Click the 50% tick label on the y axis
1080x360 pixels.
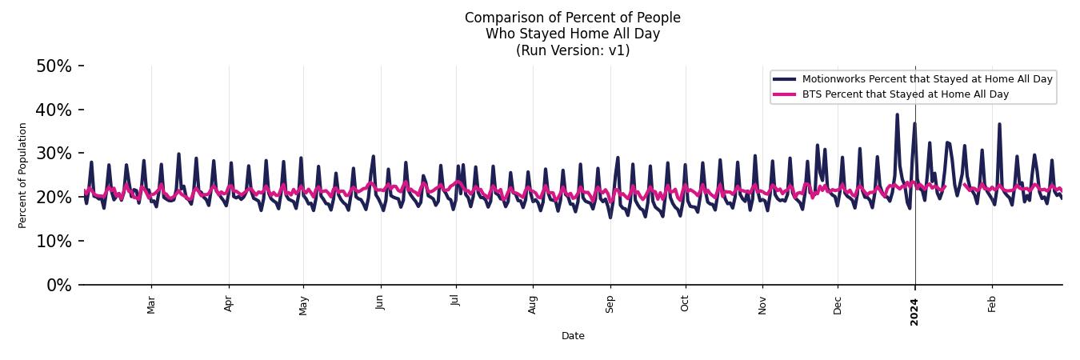tap(54, 66)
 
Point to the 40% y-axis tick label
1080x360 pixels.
tap(54, 110)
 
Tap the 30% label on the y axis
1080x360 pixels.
tap(54, 154)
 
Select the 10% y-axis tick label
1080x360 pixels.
tap(54, 242)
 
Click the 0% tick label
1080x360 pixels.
tap(58, 286)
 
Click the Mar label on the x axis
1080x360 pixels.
tap(151, 305)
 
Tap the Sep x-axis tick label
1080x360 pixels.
tap(610, 304)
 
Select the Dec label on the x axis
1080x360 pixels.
tap(838, 304)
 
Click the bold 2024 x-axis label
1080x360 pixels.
tap(914, 311)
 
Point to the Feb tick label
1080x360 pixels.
tap(992, 304)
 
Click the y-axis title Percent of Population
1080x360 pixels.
tap(22, 175)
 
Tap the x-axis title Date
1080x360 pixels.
tap(573, 336)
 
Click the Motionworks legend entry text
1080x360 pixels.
tap(927, 79)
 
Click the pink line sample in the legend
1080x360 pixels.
tap(784, 94)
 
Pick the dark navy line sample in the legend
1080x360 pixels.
tap(784, 79)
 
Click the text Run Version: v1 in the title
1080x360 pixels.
tap(573, 50)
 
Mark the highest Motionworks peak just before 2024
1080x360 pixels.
tap(897, 114)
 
